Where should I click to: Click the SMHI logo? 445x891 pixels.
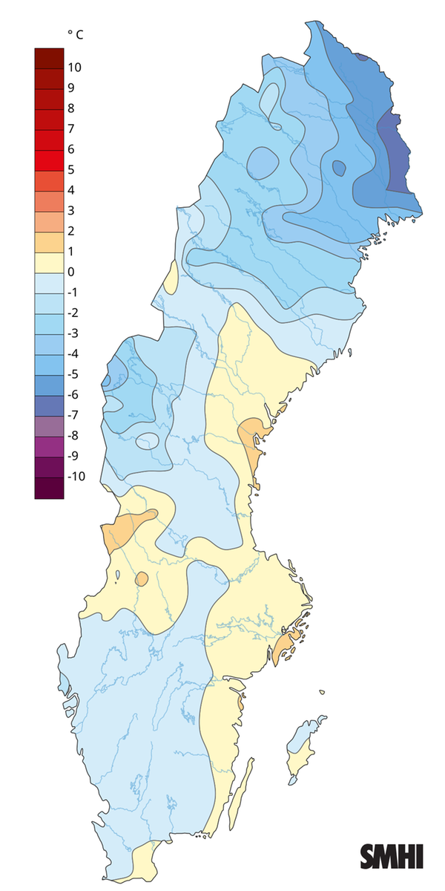click(392, 856)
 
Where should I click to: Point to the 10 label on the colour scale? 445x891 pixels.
click(74, 68)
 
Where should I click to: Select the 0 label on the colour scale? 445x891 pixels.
click(70, 272)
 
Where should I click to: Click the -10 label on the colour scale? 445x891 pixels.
click(76, 476)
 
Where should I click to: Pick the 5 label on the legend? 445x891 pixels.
click(70, 169)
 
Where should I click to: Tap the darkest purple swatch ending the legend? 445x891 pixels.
click(49, 488)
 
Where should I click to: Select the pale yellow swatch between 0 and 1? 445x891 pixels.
click(49, 262)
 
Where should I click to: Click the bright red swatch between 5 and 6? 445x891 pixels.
click(49, 160)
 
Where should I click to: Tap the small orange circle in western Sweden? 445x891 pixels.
click(142, 579)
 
